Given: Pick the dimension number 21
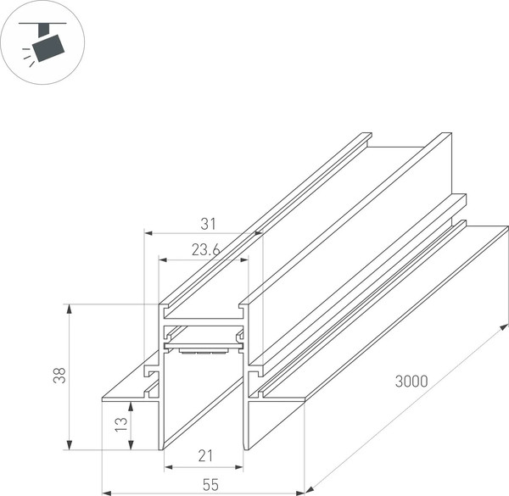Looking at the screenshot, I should [x=204, y=456].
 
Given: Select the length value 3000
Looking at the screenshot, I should [x=411, y=382].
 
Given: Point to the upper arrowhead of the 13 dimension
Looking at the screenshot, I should [x=130, y=406].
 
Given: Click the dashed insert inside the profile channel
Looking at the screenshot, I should [x=201, y=347].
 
